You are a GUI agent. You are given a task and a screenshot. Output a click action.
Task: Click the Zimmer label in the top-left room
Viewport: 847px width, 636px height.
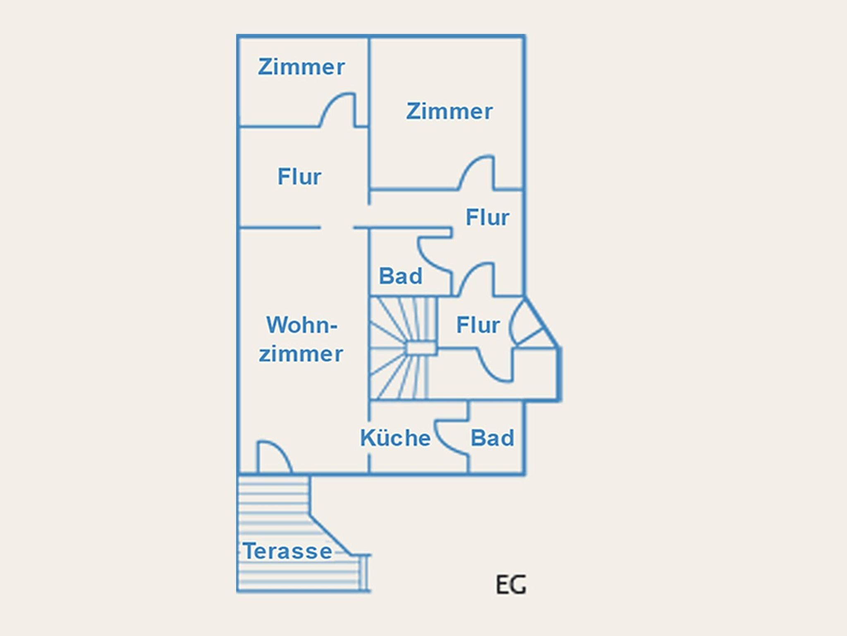click(301, 67)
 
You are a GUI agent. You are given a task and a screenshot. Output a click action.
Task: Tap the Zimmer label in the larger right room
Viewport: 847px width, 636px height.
click(450, 111)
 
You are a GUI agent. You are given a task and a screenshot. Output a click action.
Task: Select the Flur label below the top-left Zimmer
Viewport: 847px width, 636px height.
click(299, 177)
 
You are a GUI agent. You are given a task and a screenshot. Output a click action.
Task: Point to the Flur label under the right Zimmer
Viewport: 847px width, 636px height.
click(487, 217)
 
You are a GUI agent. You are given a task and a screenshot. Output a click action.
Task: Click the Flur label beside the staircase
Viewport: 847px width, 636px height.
click(478, 325)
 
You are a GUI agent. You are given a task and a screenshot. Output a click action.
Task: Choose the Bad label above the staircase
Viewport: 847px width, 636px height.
click(400, 276)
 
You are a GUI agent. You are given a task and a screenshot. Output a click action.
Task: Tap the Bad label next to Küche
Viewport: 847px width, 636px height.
click(492, 438)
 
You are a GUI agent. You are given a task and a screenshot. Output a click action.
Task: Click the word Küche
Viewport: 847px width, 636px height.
click(395, 438)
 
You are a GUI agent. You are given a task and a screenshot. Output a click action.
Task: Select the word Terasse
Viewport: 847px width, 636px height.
click(287, 551)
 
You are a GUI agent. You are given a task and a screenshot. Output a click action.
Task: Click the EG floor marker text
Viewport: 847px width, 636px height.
click(511, 585)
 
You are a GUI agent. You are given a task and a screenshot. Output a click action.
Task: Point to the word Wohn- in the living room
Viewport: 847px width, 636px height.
click(302, 325)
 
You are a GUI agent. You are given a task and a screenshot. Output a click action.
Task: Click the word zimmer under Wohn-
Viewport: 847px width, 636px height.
click(301, 354)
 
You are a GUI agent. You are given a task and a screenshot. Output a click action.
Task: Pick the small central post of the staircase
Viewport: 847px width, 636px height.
click(421, 348)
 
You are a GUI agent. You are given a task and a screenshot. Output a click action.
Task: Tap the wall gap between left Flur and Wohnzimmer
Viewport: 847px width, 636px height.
click(337, 227)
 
